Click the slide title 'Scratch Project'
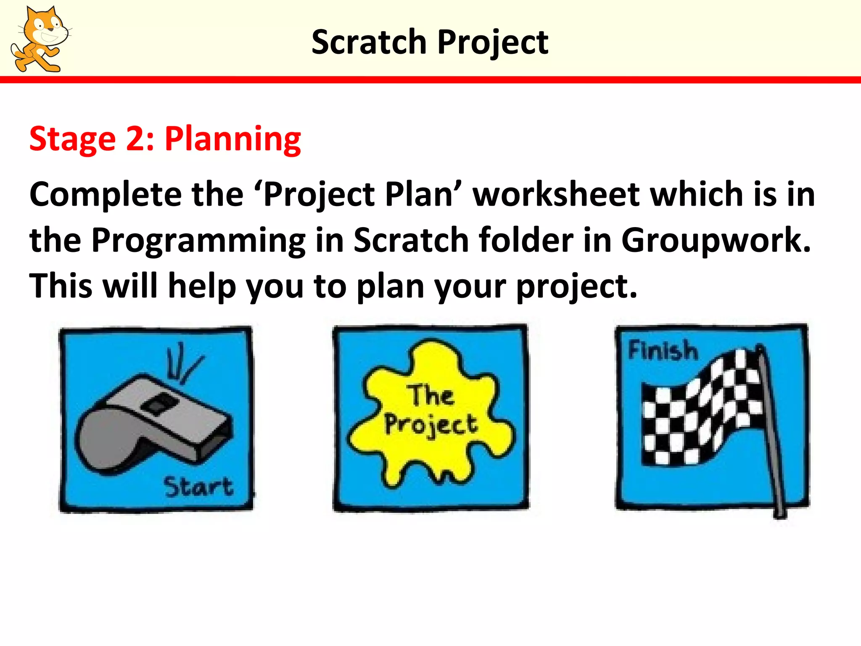430,42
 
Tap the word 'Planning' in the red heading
232,139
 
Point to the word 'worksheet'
556,194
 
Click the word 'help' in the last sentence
201,286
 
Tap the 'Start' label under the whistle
198,487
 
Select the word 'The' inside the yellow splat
431,395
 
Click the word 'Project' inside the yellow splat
430,425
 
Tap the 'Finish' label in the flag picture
663,351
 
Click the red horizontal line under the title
430,79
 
